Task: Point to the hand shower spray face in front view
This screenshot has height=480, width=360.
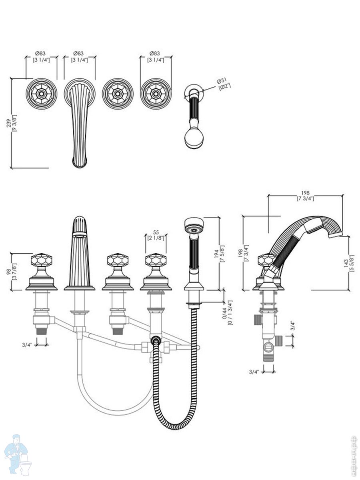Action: coord(194,228)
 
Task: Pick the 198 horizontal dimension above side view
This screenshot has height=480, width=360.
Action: coord(305,195)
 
